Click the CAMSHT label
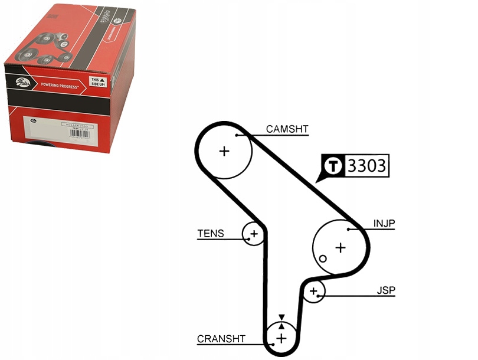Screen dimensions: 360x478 pos(287,129)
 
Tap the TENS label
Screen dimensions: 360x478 pos(211,234)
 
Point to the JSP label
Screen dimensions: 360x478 pos(386,290)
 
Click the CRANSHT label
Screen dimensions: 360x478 pos(220,339)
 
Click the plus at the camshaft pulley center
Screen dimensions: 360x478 pos(224,151)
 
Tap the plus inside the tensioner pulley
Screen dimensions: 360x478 pos(254,234)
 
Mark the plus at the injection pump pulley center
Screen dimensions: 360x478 pos(340,247)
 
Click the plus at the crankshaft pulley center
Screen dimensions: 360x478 pos(281,338)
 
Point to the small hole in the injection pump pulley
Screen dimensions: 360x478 pos(323,258)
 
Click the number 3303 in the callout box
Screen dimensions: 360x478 pos(366,166)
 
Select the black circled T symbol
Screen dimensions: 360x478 pos(335,166)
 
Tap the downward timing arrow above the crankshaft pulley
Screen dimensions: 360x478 pos(281,318)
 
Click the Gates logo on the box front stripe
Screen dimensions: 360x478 pos(22,82)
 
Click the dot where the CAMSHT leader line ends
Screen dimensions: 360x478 pos(236,135)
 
